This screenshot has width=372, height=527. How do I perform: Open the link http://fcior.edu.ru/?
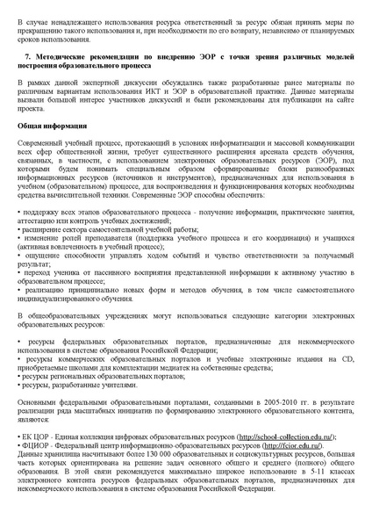click(283, 446)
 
